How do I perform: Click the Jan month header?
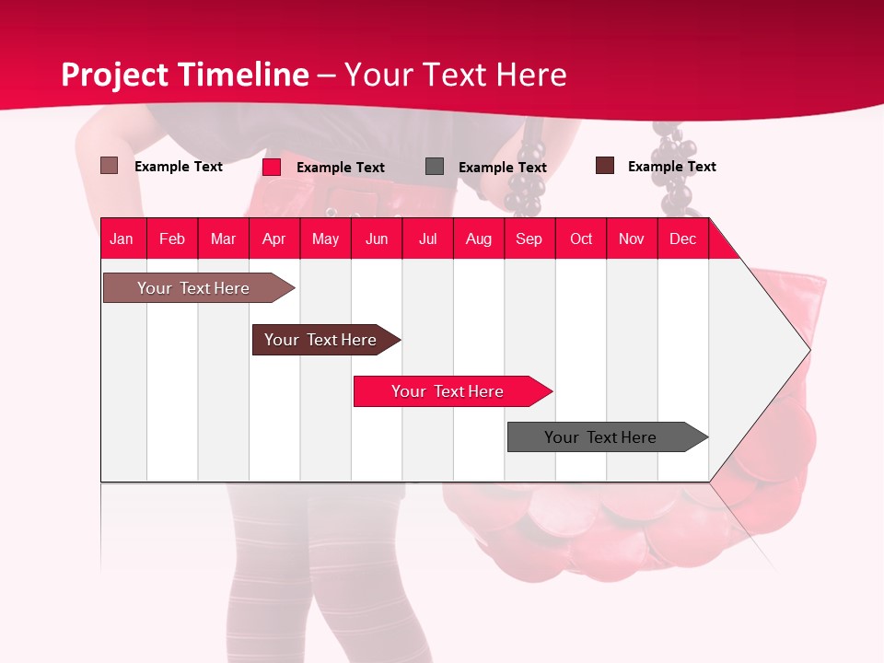pos(122,238)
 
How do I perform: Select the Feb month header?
pos(172,238)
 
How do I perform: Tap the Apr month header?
pos(273,238)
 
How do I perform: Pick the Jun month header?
pos(377,238)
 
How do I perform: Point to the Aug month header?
pos(478,238)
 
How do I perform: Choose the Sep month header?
pos(529,238)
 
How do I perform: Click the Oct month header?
pos(581,238)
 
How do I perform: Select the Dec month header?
pos(682,238)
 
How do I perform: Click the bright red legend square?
pos(272,167)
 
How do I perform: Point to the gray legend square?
pos(435,167)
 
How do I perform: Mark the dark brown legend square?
pos(605,166)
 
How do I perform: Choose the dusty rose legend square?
pos(110,166)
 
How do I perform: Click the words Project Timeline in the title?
pos(185,75)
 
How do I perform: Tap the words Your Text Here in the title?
pos(455,75)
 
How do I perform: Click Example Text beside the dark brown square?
pos(671,167)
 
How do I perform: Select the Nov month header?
pos(631,238)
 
